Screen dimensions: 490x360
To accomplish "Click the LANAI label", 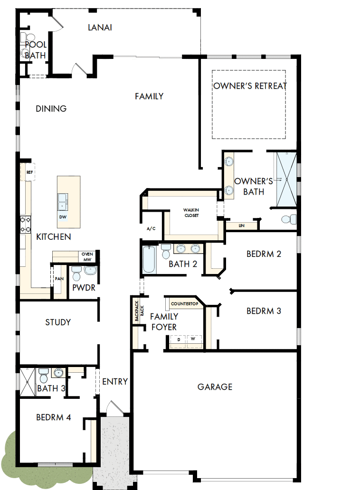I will [x=100, y=27].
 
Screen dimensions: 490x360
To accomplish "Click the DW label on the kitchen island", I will [x=63, y=217].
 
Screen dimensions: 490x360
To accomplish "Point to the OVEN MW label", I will [x=87, y=256].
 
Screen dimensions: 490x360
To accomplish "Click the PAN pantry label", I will [x=59, y=279].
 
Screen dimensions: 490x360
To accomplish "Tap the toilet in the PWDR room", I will [x=76, y=273].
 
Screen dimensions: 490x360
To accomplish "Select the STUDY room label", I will [x=58, y=322].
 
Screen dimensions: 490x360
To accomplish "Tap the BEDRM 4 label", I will [x=54, y=418].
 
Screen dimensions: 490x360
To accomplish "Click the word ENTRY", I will [x=115, y=381].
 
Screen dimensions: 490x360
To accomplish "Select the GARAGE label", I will [x=215, y=387].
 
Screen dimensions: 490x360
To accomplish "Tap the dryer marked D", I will [x=179, y=340].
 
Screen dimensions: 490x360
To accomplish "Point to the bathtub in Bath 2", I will [x=149, y=259].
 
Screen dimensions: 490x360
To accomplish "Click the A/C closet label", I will [x=151, y=228].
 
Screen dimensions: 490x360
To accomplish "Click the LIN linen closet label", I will [x=242, y=226].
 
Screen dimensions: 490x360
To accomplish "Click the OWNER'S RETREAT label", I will [x=250, y=86].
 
